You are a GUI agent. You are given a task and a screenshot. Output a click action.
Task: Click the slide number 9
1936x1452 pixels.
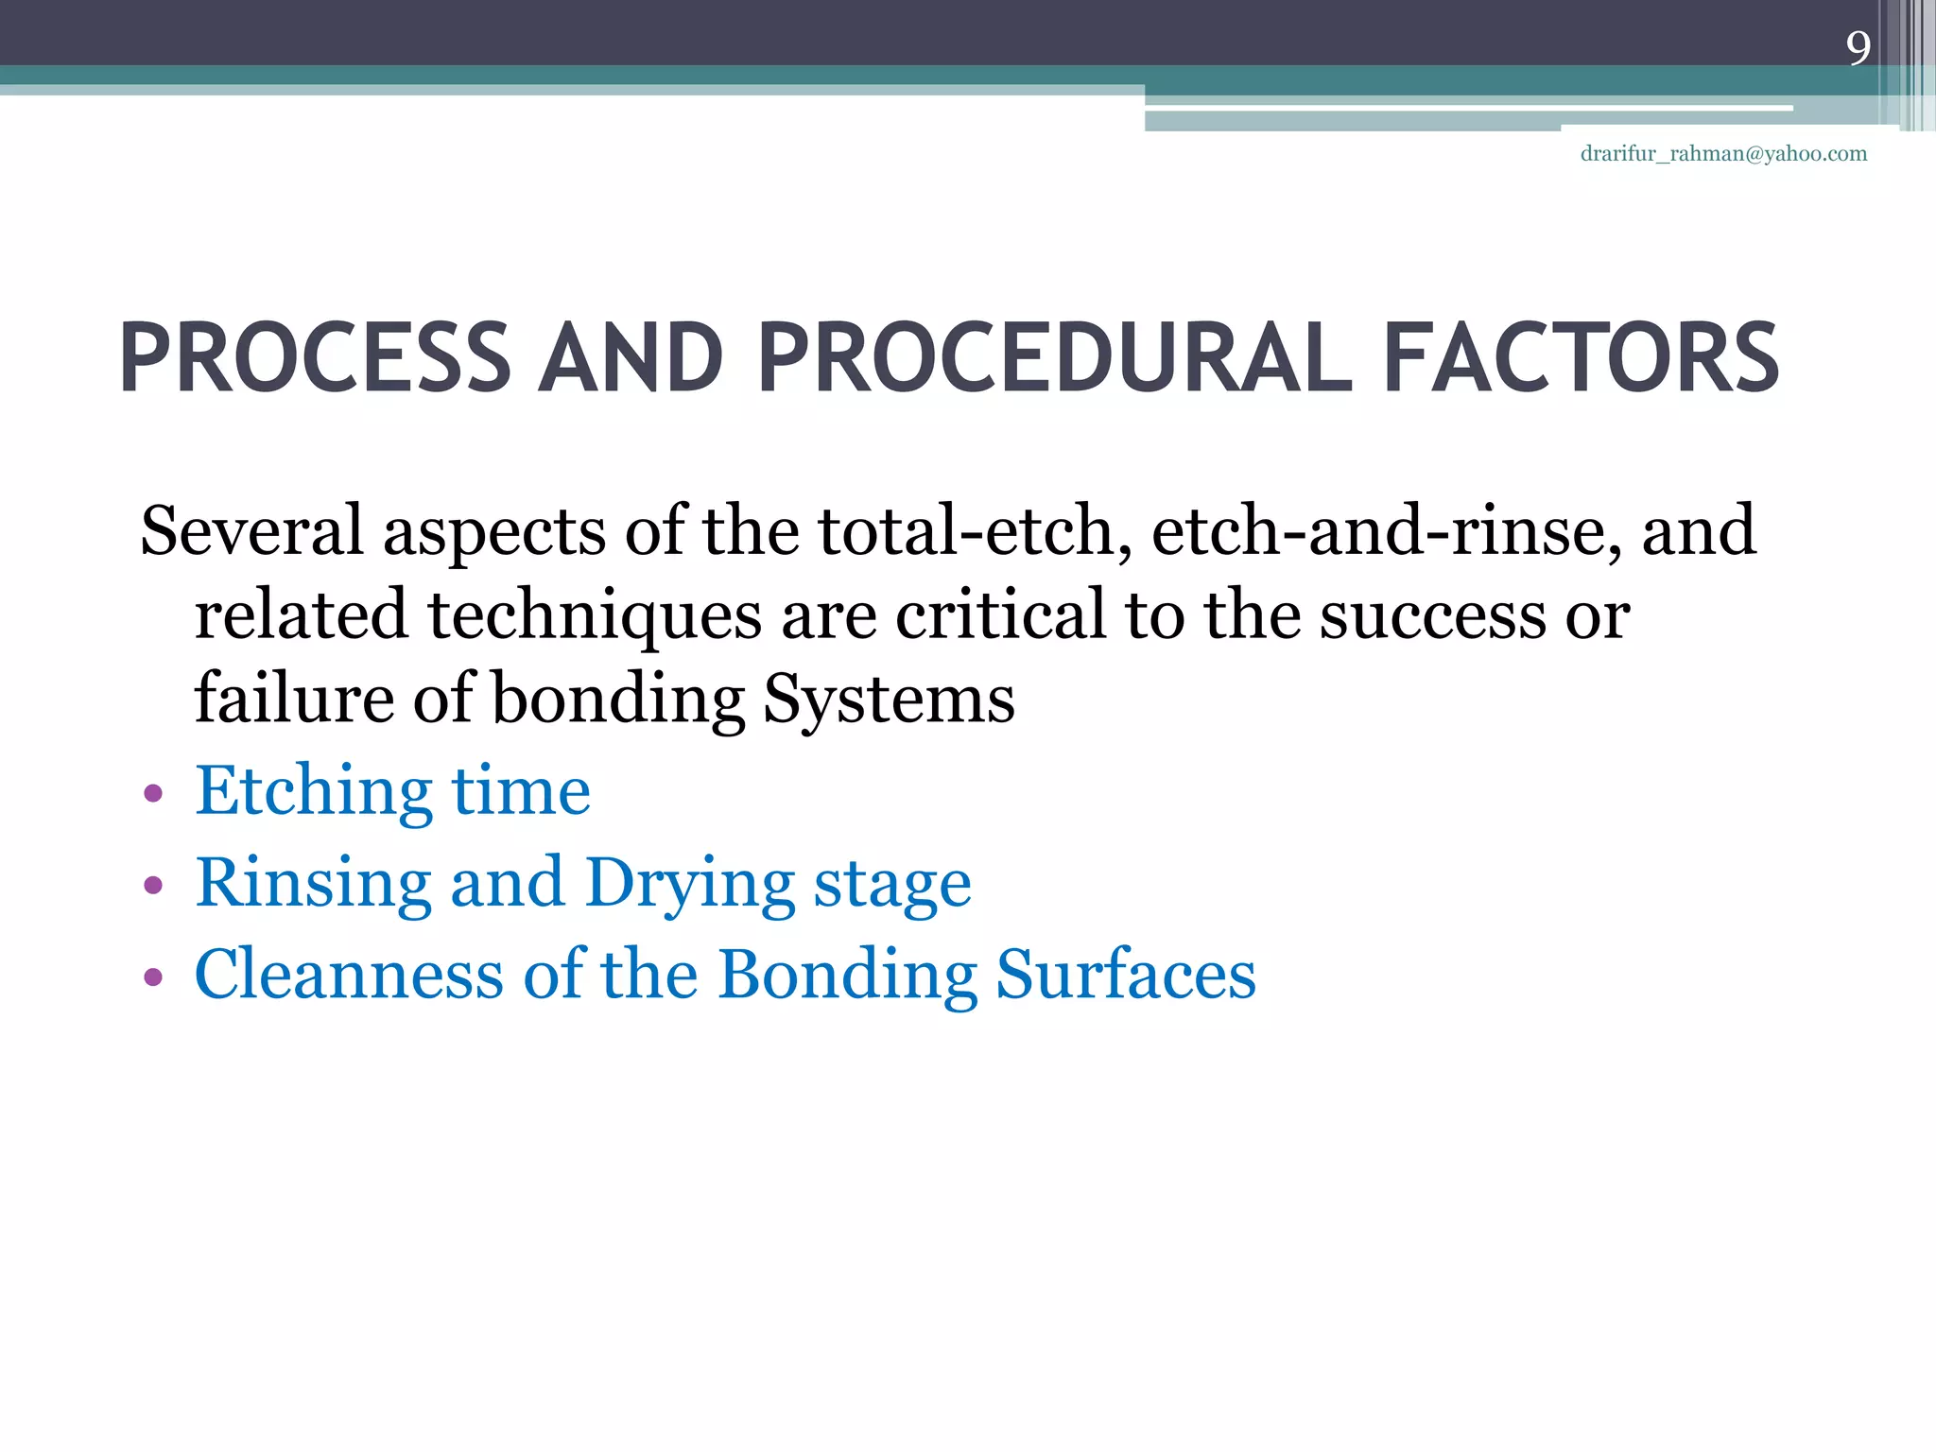(1858, 48)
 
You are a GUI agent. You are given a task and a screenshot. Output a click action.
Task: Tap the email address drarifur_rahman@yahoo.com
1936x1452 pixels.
(1723, 154)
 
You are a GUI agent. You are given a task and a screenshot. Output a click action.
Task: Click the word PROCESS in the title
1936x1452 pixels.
(315, 359)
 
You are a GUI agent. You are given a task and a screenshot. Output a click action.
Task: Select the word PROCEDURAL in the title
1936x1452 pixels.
(1055, 359)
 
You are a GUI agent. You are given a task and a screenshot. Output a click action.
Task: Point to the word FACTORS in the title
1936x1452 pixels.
(1581, 359)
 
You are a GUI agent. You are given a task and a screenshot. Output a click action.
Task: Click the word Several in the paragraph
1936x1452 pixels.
(251, 530)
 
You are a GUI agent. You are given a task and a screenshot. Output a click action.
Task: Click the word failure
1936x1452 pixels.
(293, 698)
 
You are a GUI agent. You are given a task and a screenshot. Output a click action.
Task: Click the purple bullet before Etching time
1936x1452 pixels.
(153, 792)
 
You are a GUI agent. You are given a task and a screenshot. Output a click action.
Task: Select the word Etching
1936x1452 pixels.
(313, 792)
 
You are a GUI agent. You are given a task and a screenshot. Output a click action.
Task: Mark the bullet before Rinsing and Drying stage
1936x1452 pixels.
(153, 885)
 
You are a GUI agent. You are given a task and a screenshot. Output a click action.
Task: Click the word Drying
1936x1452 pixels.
(689, 885)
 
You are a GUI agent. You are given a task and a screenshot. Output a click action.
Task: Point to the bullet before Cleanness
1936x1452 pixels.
(153, 976)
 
